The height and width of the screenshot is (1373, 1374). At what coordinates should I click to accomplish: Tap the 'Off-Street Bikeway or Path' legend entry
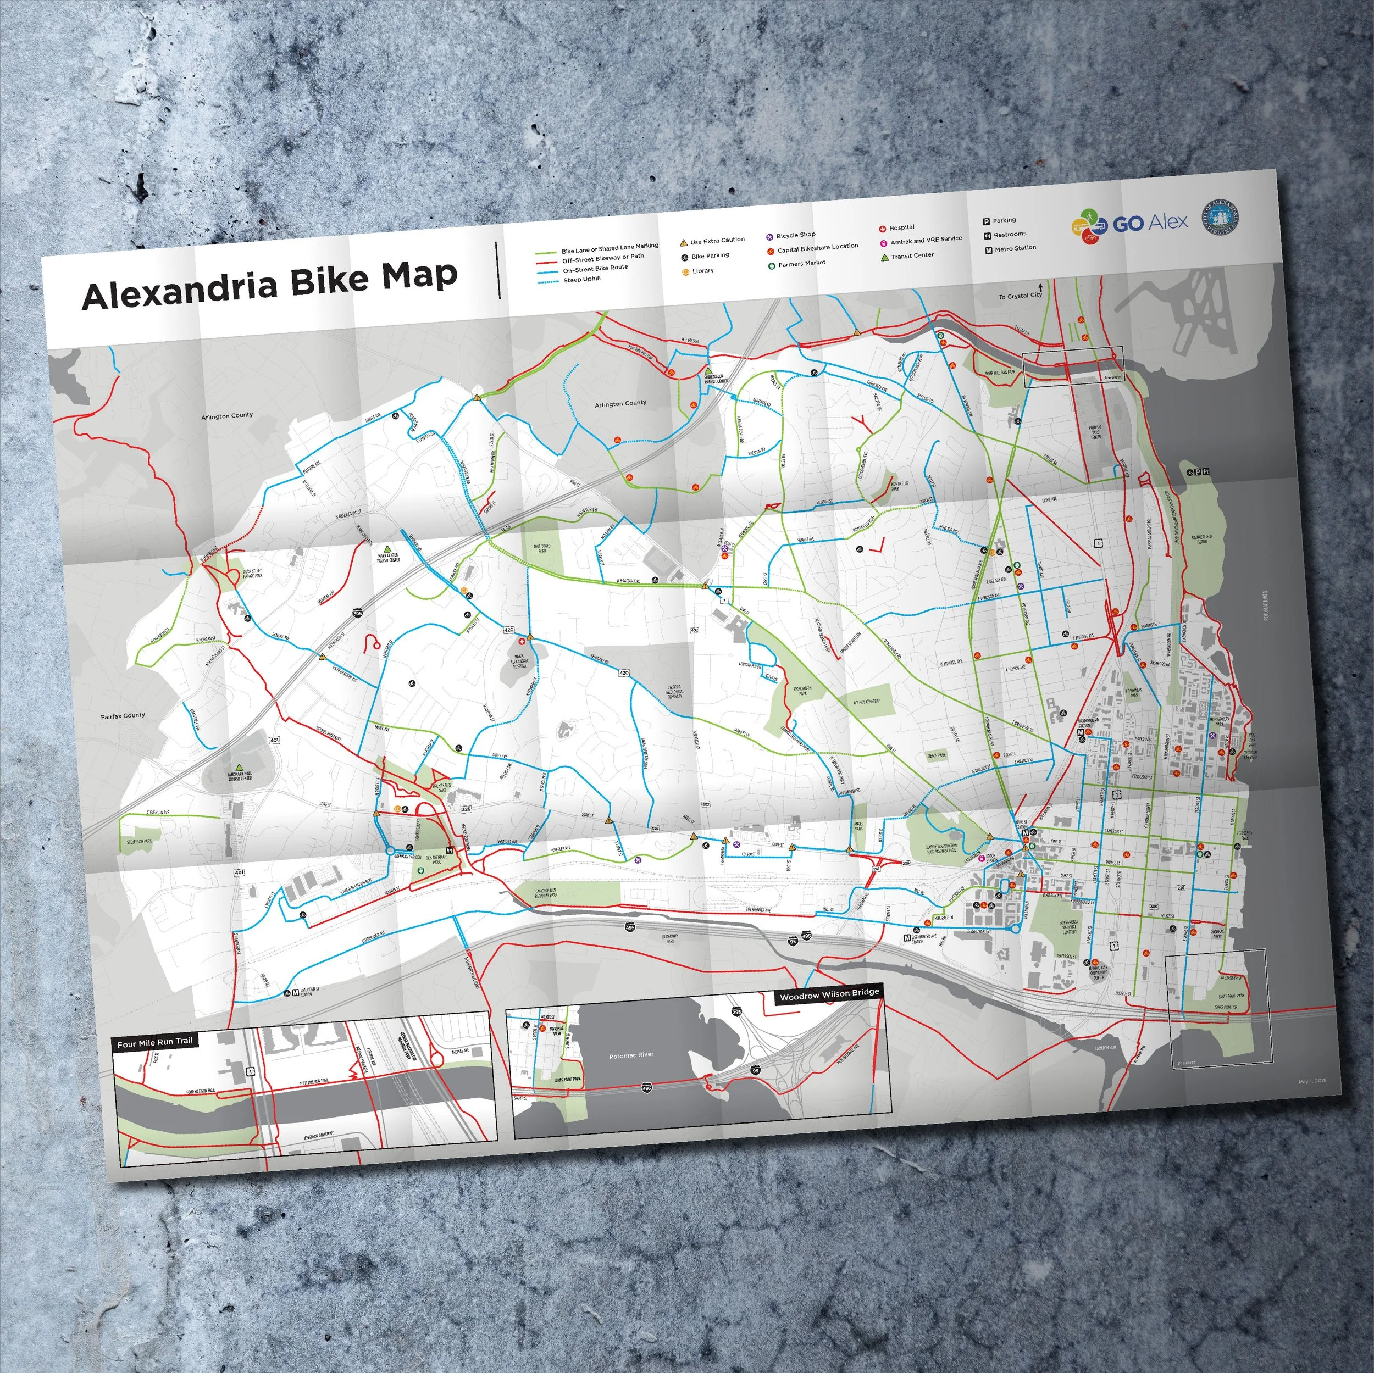click(x=602, y=258)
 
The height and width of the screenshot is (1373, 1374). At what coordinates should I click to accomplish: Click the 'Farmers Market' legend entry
click(x=801, y=264)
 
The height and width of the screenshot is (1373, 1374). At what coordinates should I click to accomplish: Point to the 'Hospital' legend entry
click(x=901, y=227)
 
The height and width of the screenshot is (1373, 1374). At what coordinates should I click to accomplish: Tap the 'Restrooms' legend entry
click(x=1009, y=234)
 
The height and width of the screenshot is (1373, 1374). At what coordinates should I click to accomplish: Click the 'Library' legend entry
click(x=702, y=271)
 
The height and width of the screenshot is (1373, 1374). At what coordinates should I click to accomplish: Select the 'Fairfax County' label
click(x=123, y=715)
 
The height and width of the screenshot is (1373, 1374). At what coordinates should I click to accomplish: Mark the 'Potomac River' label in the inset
click(x=631, y=1055)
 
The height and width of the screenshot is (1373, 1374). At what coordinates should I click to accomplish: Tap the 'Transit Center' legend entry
click(x=912, y=256)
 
